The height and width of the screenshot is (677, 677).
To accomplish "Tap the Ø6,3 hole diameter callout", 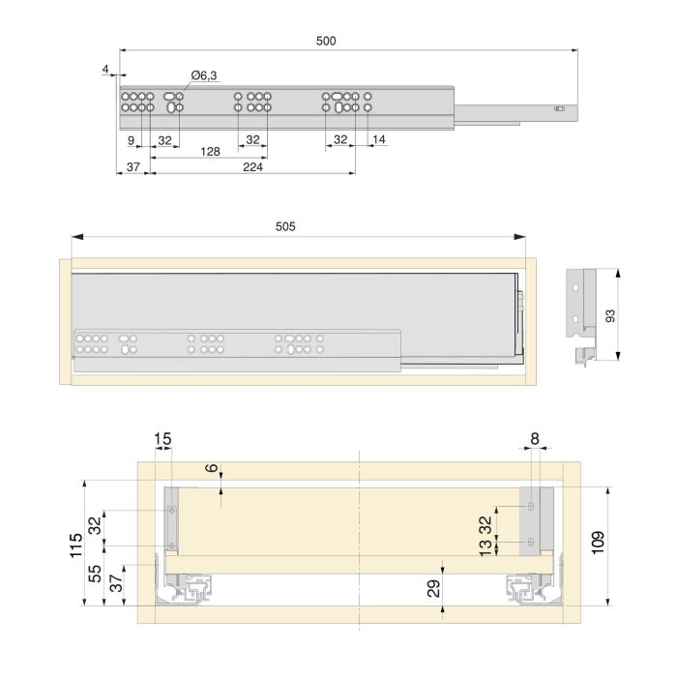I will coord(203,74).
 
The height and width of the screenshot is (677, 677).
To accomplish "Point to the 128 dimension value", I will coord(209,152).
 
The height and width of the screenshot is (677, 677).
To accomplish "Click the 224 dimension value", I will coord(253,167).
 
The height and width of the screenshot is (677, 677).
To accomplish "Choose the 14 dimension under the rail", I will coord(378,140).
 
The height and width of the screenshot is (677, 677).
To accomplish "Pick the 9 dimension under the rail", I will coord(131,140).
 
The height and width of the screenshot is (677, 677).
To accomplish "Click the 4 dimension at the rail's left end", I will coord(103,70).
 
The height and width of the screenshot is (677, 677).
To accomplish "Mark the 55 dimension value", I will coord(95,573).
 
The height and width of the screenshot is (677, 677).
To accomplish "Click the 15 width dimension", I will coord(162,439).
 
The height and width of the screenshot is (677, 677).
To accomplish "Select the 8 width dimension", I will coord(535,439).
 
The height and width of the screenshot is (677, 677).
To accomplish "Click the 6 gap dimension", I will coord(211,468).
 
